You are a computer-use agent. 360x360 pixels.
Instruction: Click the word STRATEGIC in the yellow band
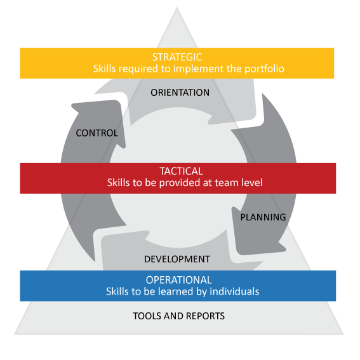(x=177, y=57)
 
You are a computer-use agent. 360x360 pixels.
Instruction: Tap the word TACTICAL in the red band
(x=181, y=171)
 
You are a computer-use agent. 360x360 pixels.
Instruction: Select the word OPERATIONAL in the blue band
(x=178, y=280)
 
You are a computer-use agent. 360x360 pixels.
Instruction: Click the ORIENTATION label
(x=180, y=93)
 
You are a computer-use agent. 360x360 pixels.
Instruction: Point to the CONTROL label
(x=97, y=133)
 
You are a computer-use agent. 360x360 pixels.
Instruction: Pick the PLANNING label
(x=263, y=217)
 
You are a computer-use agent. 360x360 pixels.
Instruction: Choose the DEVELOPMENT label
(x=177, y=259)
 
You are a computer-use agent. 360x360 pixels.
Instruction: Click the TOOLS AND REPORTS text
(x=178, y=316)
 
